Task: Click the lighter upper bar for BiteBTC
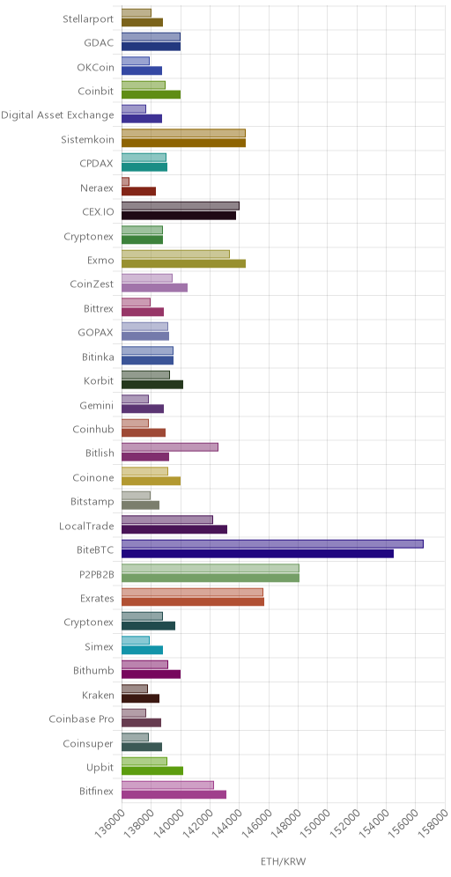272,543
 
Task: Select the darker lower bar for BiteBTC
257,554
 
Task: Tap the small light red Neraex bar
125,181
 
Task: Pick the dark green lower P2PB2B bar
211,578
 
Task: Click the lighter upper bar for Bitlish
169,447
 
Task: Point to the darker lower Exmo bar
183,263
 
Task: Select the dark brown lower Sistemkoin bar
183,143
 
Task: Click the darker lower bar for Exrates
193,601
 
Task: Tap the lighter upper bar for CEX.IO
181,205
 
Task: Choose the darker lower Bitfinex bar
174,794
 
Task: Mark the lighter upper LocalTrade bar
167,520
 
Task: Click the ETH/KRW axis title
284,860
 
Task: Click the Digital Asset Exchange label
57,115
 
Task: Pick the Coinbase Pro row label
81,719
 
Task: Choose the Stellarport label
88,19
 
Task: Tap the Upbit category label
102,768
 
